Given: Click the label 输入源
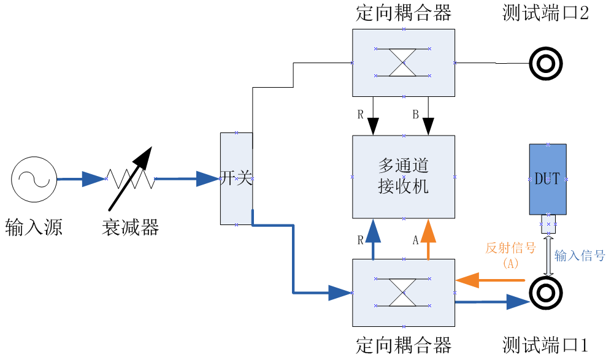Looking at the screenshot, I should point(34,228).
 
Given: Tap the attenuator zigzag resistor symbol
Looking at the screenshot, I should point(130,178).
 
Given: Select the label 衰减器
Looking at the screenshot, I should point(130,228).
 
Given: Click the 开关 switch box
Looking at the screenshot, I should point(236,178).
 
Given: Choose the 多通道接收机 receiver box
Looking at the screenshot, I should point(403,177).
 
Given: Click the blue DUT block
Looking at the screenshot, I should point(547,179).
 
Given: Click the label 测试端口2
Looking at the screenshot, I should point(545,14).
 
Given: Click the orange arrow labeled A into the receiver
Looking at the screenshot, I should point(428,239).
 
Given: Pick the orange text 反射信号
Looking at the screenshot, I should point(510,248).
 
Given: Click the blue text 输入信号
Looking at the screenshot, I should point(580,256).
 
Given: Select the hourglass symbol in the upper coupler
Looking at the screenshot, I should point(403,62).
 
